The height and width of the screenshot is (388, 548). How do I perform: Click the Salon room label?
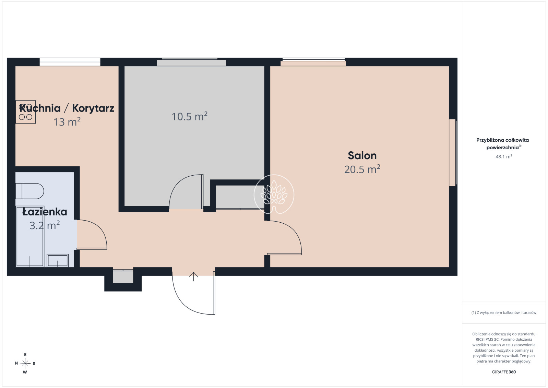tap(362, 156)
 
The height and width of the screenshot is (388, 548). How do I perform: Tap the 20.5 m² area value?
tap(362, 169)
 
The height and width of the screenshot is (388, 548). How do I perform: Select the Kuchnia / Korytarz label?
tap(67, 108)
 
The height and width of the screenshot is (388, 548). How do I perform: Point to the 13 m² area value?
tap(67, 122)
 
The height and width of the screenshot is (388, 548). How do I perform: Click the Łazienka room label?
tap(45, 212)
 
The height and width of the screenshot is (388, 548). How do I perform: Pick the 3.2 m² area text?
tap(45, 225)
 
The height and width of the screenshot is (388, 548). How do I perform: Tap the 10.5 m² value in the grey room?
tap(190, 116)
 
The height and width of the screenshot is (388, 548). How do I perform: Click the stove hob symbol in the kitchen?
tap(25, 112)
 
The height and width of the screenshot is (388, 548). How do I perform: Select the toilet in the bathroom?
tap(29, 191)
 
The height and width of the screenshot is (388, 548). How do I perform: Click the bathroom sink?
tap(58, 260)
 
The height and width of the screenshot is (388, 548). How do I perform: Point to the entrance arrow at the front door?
tap(193, 277)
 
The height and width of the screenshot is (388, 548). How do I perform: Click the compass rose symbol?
tap(25, 363)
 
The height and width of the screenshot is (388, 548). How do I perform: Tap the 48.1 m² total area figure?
tap(504, 156)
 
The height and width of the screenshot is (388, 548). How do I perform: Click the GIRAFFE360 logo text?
tap(504, 372)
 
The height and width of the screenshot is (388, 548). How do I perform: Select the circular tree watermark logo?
tap(274, 195)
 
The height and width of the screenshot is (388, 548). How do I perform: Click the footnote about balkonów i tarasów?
tap(504, 313)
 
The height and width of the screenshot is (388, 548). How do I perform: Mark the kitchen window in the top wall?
tap(70, 62)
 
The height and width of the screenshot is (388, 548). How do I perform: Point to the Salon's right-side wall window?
tap(453, 153)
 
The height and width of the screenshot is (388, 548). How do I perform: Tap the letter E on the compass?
tap(25, 354)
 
